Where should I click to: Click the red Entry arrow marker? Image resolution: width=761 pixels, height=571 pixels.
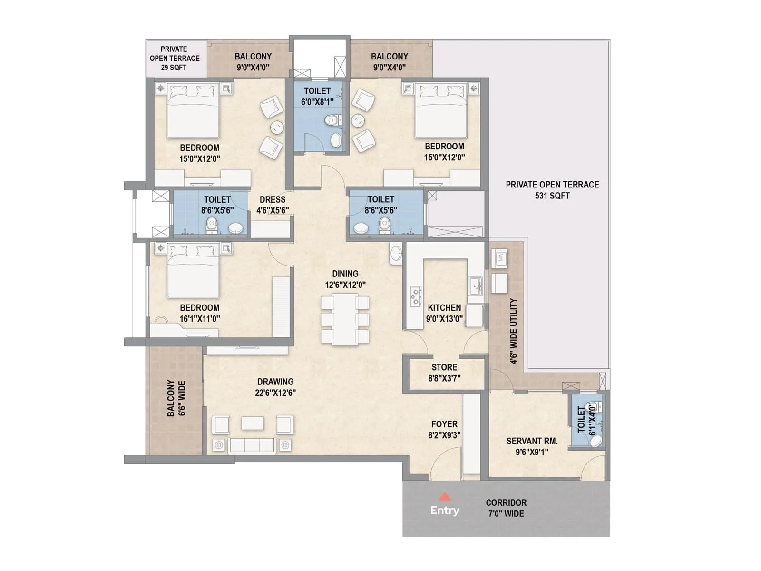point(445,497)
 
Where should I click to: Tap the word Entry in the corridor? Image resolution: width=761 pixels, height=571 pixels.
point(445,511)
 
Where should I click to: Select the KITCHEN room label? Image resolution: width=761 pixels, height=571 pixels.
point(444,308)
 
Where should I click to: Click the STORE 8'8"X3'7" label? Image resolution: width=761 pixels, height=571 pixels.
point(444,373)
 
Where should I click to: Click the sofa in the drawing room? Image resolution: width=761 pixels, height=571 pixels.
point(252,445)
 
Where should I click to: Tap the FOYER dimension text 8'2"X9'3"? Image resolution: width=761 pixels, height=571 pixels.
point(444,435)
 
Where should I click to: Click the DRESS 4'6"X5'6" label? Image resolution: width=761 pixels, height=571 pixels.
point(273,205)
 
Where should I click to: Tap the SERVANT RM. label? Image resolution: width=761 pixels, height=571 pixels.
point(532,441)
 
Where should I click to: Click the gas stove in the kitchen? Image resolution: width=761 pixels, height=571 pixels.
point(416,295)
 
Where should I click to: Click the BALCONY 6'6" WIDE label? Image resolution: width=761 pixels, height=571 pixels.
point(176,398)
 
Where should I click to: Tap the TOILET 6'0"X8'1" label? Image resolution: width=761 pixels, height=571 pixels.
point(317,96)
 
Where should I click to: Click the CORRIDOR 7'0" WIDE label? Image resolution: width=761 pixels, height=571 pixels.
point(506,508)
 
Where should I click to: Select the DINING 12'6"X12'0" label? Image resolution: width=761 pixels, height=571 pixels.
point(345,279)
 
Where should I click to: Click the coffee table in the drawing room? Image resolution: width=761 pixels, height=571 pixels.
point(253,423)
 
